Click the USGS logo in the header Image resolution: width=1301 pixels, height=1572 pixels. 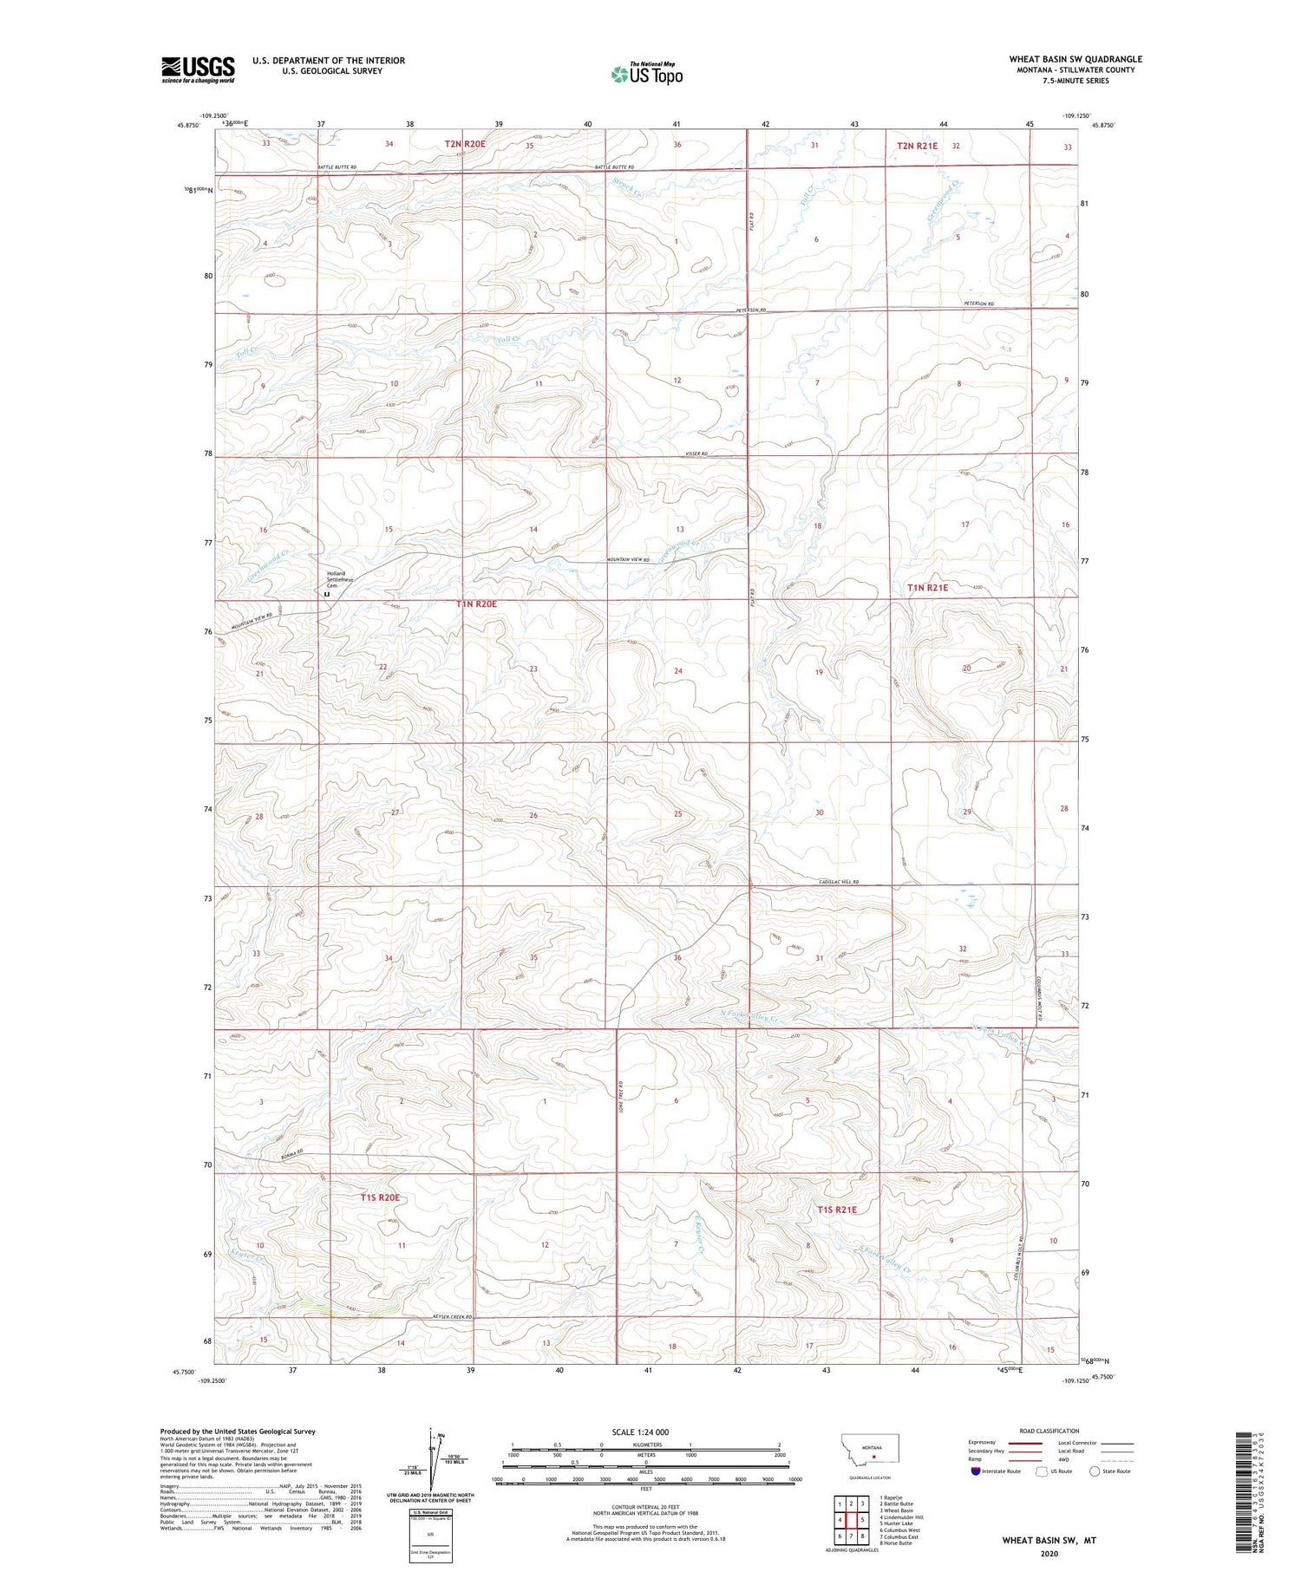point(198,69)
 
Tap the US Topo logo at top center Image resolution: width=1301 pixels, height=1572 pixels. point(646,75)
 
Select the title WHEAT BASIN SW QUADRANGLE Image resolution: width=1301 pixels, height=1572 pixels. point(1075,59)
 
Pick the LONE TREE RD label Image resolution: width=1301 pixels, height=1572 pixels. point(622,1095)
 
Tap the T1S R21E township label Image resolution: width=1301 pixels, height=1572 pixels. point(836,1210)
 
